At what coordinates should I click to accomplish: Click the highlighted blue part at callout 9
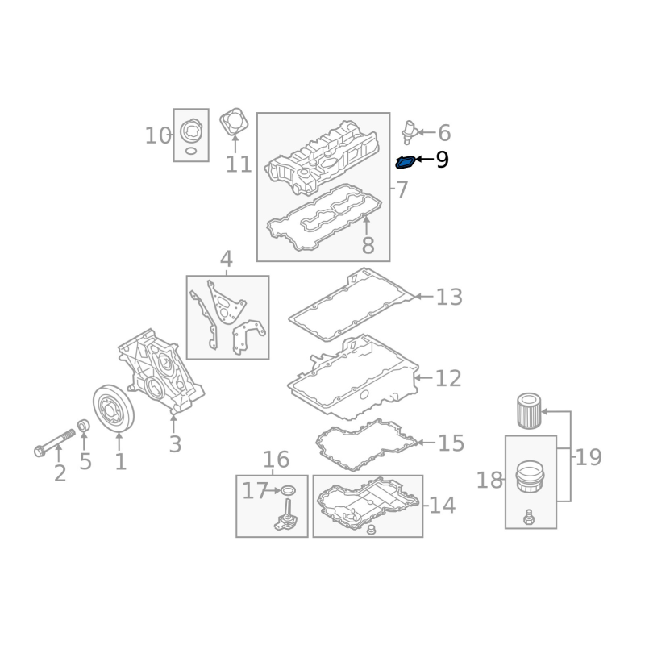tap(405, 163)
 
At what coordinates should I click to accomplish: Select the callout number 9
tap(442, 160)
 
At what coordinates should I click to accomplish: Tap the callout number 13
tap(449, 298)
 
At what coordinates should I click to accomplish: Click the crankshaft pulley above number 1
tap(113, 409)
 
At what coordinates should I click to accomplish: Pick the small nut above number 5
tap(83, 425)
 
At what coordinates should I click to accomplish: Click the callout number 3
tap(175, 443)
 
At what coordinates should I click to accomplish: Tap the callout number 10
tap(158, 135)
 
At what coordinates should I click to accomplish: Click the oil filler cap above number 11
tap(235, 123)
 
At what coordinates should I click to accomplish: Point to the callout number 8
tap(368, 245)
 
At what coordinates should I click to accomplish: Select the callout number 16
tap(276, 460)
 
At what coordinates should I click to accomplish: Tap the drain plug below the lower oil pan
tap(372, 531)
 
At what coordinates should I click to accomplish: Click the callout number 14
tap(442, 506)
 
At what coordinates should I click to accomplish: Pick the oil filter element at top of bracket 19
tap(527, 410)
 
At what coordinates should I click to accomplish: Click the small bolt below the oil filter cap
tap(529, 518)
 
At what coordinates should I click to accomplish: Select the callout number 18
tap(489, 481)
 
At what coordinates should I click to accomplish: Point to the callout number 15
tap(451, 443)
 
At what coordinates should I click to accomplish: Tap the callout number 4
tap(227, 260)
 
